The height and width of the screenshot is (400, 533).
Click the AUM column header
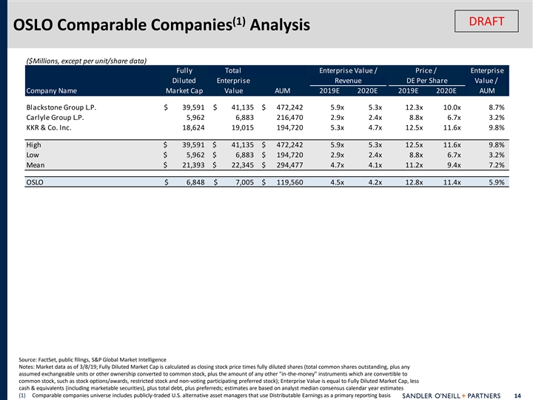[x=282, y=91]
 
